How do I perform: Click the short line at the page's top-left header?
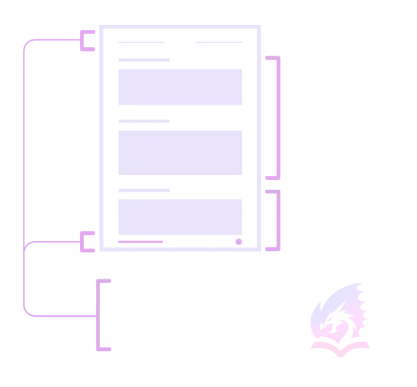(141, 42)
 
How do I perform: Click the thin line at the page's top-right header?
(219, 42)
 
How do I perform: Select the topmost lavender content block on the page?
(180, 86)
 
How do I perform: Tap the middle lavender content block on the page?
(180, 152)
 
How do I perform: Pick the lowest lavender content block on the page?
(180, 216)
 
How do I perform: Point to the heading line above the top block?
(144, 60)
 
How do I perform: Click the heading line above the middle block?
(144, 121)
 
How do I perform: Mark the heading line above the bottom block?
(144, 190)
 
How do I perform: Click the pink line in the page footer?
(140, 242)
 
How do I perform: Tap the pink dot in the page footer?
(238, 242)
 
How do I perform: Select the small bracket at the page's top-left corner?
(88, 41)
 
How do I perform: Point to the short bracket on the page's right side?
(279, 219)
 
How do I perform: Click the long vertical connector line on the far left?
(26, 174)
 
